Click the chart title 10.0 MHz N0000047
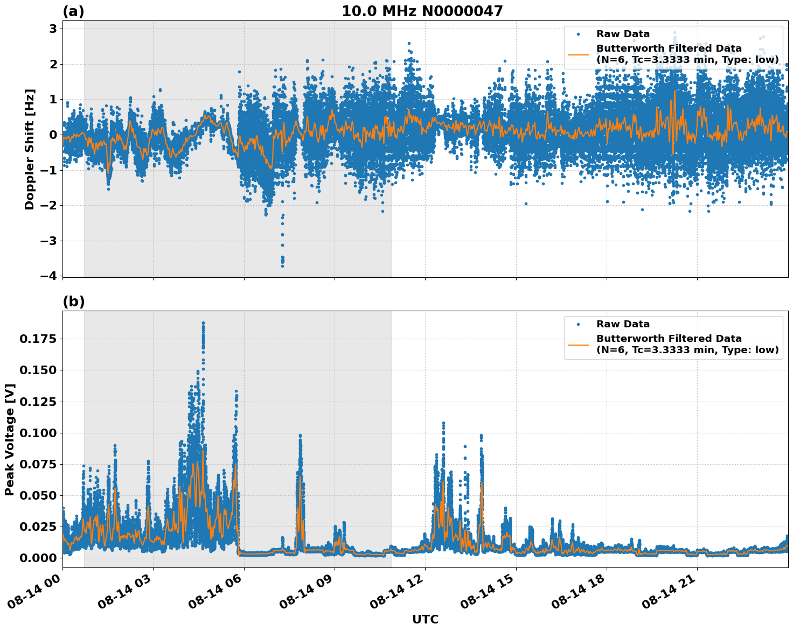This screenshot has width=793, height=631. coord(422,11)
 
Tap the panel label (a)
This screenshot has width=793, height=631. coord(73,11)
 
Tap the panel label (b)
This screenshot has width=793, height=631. coord(73,302)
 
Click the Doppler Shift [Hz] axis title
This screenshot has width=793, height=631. coord(30,149)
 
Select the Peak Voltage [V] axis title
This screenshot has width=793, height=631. coord(10,439)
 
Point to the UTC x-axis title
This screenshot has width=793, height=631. coord(425,619)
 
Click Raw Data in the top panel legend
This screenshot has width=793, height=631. coord(623,34)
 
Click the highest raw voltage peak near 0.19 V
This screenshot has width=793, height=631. coord(203,323)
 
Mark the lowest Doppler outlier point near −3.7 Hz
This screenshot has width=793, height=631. coord(282,266)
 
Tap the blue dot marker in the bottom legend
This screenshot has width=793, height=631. coord(578,324)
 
